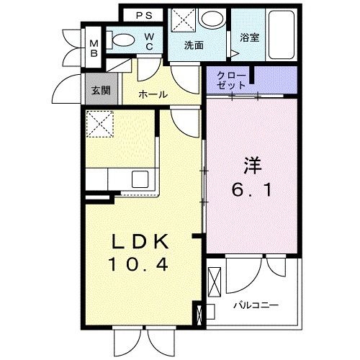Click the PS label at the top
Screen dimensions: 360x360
click(x=145, y=14)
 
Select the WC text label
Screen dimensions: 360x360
click(x=150, y=42)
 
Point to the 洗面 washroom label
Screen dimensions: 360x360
click(x=193, y=45)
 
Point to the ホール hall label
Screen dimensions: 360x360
click(x=153, y=94)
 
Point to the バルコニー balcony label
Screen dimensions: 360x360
click(x=255, y=305)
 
